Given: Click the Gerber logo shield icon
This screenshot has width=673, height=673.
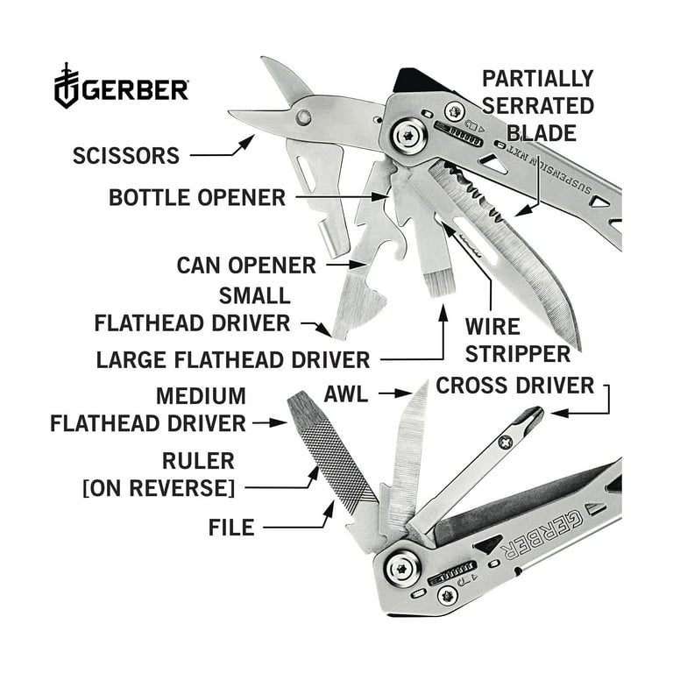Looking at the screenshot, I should click(67, 86).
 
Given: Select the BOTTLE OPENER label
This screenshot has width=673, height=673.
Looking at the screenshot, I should click(197, 197).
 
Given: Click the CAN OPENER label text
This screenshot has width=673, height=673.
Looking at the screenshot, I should click(245, 264).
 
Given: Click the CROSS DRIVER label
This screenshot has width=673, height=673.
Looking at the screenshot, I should click(515, 385).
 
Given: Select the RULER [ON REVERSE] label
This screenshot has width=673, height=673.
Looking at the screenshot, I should click(158, 474).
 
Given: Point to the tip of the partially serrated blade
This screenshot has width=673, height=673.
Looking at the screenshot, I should click(578, 346).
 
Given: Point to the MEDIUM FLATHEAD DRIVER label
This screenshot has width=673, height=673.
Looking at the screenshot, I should click(148, 409).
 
